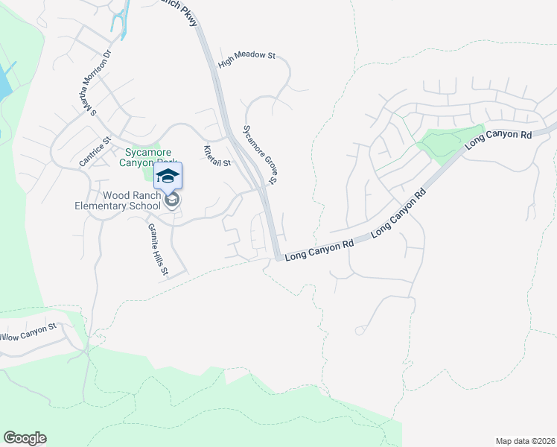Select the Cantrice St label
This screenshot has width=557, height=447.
tap(95, 151)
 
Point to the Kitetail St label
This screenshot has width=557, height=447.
tap(217, 156)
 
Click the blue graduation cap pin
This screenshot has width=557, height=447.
tap(168, 176)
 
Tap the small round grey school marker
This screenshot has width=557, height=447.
tap(172, 200)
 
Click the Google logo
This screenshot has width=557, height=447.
tap(25, 438)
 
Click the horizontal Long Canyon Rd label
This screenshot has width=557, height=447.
tap(319, 248)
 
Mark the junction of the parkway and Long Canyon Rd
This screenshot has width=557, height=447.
tap(278, 258)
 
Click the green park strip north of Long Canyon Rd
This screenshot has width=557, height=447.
tap(449, 143)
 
